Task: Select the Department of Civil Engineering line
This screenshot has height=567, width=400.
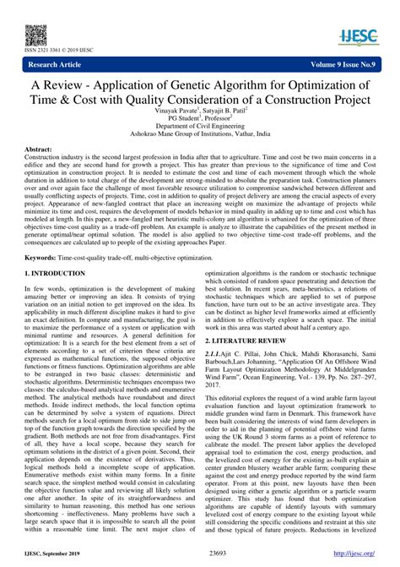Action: [x=199, y=128]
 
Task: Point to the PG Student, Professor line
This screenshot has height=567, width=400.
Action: [x=200, y=120]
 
